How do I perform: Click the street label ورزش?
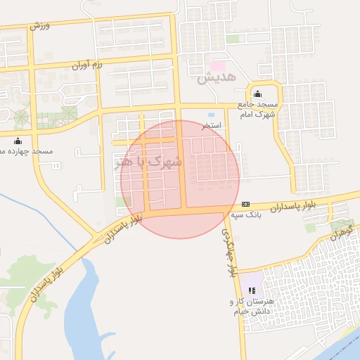(40, 25)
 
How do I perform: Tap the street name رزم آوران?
(87, 67)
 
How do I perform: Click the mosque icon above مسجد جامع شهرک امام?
(256, 94)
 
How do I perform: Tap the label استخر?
(212, 125)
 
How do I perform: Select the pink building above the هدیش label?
(218, 65)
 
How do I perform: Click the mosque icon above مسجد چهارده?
(18, 140)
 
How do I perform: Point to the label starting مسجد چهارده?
(27, 150)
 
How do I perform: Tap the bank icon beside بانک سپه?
(245, 204)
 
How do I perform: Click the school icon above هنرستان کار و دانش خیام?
(252, 290)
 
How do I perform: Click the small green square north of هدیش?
(232, 39)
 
